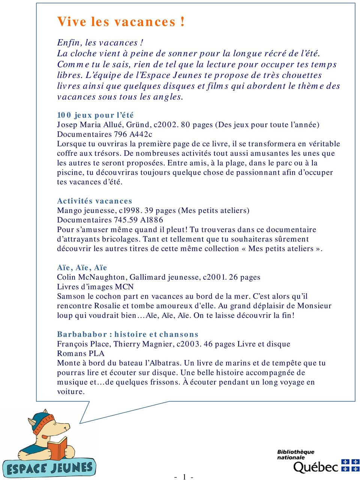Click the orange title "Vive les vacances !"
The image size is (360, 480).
121,22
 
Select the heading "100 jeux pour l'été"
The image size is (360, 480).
95,115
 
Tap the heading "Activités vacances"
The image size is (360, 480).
94,201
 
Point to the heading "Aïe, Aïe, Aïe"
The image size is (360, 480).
82,268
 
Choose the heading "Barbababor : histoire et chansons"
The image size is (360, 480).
127,334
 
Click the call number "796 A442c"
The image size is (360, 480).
133,134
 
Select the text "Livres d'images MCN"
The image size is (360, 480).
95,287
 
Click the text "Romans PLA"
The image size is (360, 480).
81,354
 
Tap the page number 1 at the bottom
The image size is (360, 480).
184,477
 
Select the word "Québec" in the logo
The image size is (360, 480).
315,467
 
